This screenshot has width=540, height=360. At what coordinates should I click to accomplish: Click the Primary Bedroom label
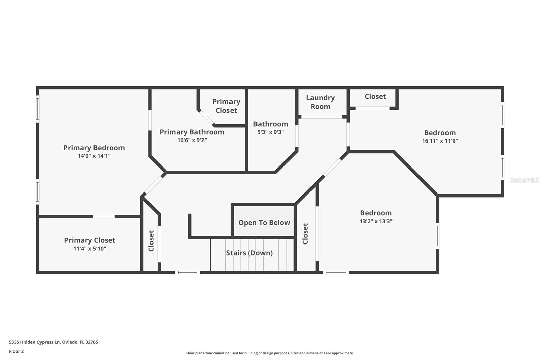tap(94, 148)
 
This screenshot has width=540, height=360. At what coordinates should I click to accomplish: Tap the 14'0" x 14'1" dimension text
tap(94, 156)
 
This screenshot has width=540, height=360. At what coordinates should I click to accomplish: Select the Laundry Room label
tap(320, 102)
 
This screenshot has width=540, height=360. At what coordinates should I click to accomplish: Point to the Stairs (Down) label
tap(249, 253)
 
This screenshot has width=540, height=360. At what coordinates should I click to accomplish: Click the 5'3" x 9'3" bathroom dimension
tap(270, 132)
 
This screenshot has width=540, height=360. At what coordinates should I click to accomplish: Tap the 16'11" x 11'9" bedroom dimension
tap(439, 141)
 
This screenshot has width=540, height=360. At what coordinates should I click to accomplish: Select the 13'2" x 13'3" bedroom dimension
tap(376, 221)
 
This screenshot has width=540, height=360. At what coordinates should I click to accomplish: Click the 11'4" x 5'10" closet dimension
tap(89, 249)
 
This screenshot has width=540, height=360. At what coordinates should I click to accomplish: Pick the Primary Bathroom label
tap(192, 132)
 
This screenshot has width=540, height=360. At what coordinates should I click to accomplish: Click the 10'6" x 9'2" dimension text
tap(192, 140)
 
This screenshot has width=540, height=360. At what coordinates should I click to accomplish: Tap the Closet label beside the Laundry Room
tap(375, 96)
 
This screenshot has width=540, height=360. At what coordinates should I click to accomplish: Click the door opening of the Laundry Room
tap(321, 117)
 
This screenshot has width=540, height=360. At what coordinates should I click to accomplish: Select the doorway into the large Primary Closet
tap(104, 216)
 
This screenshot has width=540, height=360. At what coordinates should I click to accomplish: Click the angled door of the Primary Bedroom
tap(154, 184)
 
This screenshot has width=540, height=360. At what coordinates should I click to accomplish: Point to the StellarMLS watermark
tap(524, 180)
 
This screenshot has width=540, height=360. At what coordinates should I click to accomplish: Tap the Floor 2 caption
tap(16, 351)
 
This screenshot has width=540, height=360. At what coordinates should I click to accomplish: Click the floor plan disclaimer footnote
tap(270, 353)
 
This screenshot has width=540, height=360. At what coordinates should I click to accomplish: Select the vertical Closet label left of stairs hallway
tap(151, 241)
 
